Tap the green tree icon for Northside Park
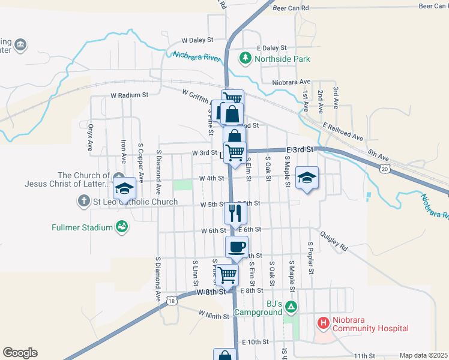[x=245, y=58]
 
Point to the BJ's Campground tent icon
[x=291, y=307]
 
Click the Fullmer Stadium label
[x=82, y=227]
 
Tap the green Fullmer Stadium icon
[x=122, y=227]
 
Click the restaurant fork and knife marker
[x=235, y=212]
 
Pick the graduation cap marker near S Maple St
[x=307, y=178]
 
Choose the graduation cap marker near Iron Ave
[x=124, y=188]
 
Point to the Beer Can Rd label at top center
[x=290, y=8]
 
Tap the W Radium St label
[x=129, y=95]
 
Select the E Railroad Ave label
[x=343, y=132]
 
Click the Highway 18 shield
[x=172, y=301]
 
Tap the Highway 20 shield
[x=384, y=170]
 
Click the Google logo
[x=20, y=352]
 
